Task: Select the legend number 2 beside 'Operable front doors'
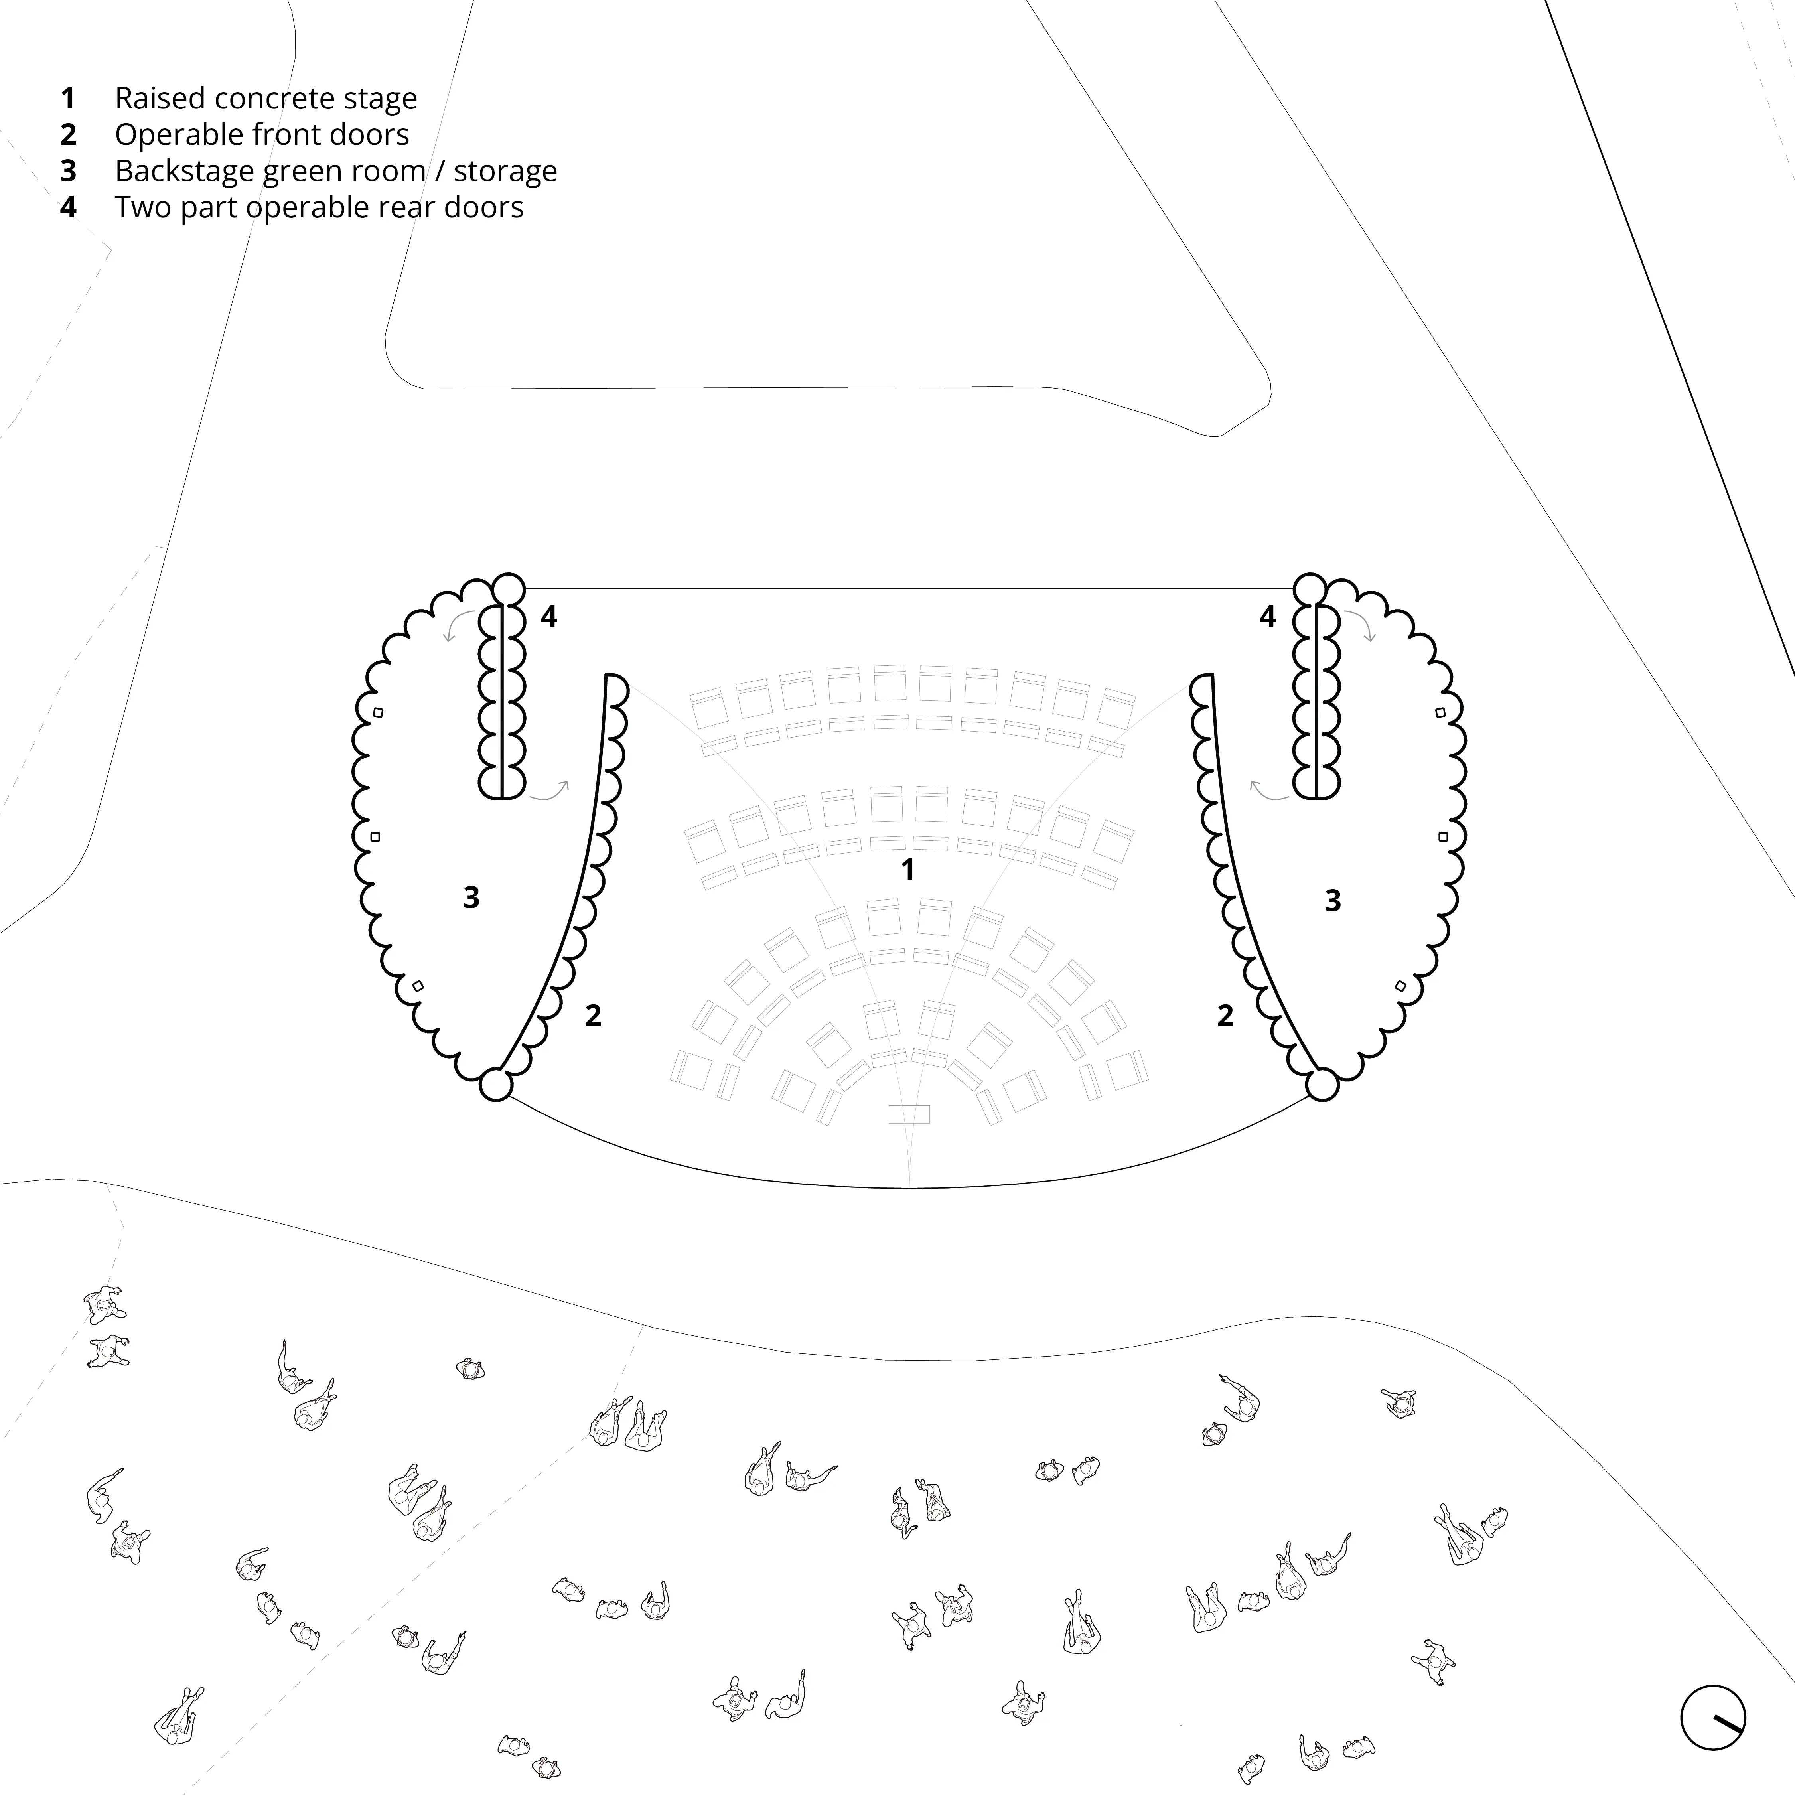tap(68, 135)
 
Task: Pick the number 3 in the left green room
tap(471, 897)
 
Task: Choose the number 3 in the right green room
tap(1332, 900)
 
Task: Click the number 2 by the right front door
tap(1225, 1016)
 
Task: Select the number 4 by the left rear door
tap(549, 616)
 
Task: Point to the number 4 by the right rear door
tap(1267, 616)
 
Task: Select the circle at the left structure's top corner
tap(508, 588)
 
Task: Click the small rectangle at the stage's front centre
tap(909, 1113)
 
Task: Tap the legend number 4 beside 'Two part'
tap(68, 207)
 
